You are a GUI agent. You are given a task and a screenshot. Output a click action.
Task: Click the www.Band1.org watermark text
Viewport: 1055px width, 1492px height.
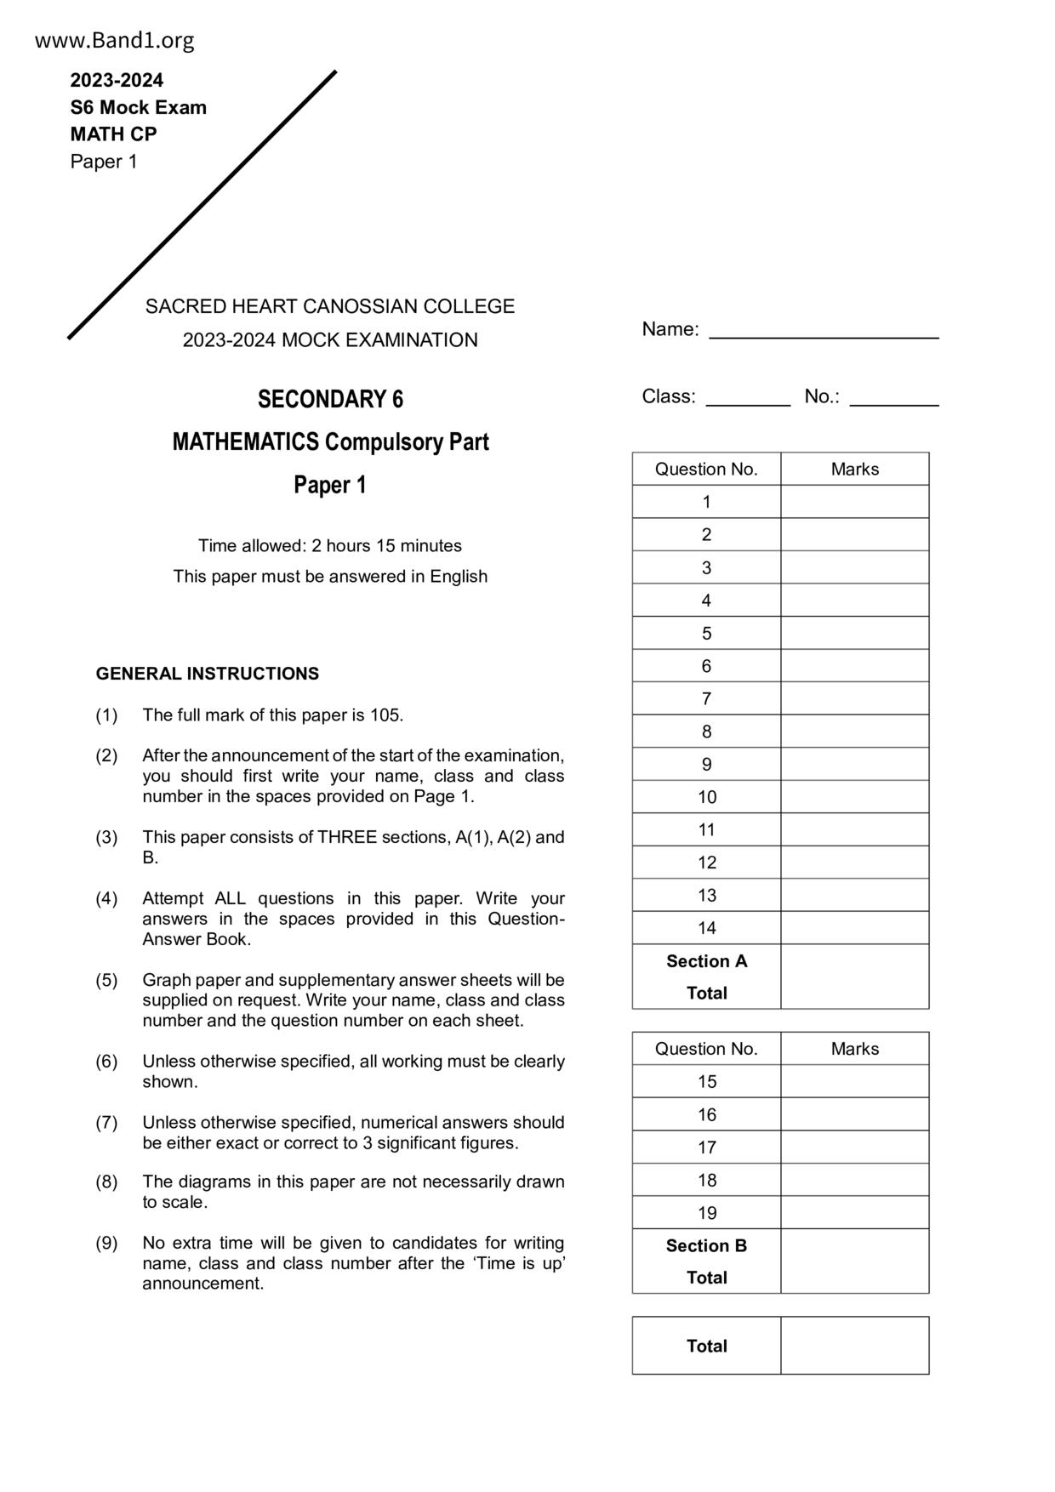click(x=114, y=40)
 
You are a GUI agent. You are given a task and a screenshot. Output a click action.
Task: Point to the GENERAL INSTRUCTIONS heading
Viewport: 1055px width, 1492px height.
click(x=207, y=674)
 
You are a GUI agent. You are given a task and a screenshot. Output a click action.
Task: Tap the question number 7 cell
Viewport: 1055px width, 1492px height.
click(x=706, y=698)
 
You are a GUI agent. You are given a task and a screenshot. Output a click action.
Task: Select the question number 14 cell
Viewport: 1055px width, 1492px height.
click(x=706, y=928)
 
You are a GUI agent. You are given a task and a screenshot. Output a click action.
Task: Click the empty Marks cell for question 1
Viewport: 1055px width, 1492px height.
click(x=854, y=502)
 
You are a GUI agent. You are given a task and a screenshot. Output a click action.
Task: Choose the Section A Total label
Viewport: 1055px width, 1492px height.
click(x=706, y=977)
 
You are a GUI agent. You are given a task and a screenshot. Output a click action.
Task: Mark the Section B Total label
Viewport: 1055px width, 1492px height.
click(x=706, y=1261)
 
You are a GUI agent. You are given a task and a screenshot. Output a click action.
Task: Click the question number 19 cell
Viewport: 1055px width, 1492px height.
click(x=706, y=1213)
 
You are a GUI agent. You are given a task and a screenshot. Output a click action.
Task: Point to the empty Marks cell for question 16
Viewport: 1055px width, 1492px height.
click(x=854, y=1114)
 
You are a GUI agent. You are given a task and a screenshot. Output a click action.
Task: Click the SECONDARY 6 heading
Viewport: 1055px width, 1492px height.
click(x=330, y=399)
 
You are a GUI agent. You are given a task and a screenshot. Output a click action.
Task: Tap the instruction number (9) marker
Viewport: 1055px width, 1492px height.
click(x=106, y=1243)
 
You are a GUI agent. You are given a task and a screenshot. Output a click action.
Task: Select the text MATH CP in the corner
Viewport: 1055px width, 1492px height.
click(x=113, y=134)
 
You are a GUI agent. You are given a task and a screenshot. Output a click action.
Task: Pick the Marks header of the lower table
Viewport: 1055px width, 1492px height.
click(x=854, y=1049)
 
